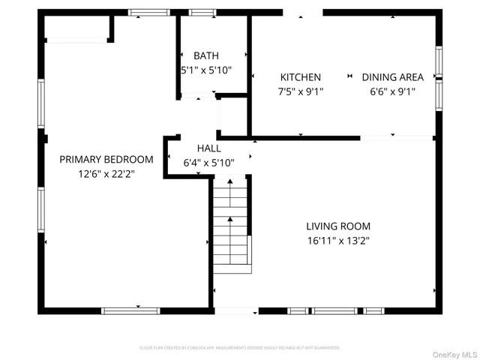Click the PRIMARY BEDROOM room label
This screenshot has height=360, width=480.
coord(106,159)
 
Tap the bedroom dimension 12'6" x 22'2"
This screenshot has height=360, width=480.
coord(106,173)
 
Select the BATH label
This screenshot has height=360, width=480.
coord(205,55)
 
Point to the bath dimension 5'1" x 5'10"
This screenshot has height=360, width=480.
coord(205,70)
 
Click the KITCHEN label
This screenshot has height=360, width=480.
coord(301,77)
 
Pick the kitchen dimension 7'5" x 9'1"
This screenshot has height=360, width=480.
coord(301,91)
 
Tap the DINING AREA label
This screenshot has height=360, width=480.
coord(392,77)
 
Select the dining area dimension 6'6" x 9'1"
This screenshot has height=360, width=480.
coord(392,91)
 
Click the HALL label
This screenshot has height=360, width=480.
coord(209,148)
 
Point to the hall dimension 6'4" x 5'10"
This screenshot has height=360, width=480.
coord(209,163)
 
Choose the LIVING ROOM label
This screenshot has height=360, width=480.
coord(337,226)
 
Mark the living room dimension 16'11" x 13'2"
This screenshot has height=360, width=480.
coord(337,241)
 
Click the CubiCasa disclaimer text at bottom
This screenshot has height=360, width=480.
coord(240,348)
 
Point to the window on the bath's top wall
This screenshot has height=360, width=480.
coord(200,12)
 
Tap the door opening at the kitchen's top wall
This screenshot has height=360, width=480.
coord(300,13)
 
